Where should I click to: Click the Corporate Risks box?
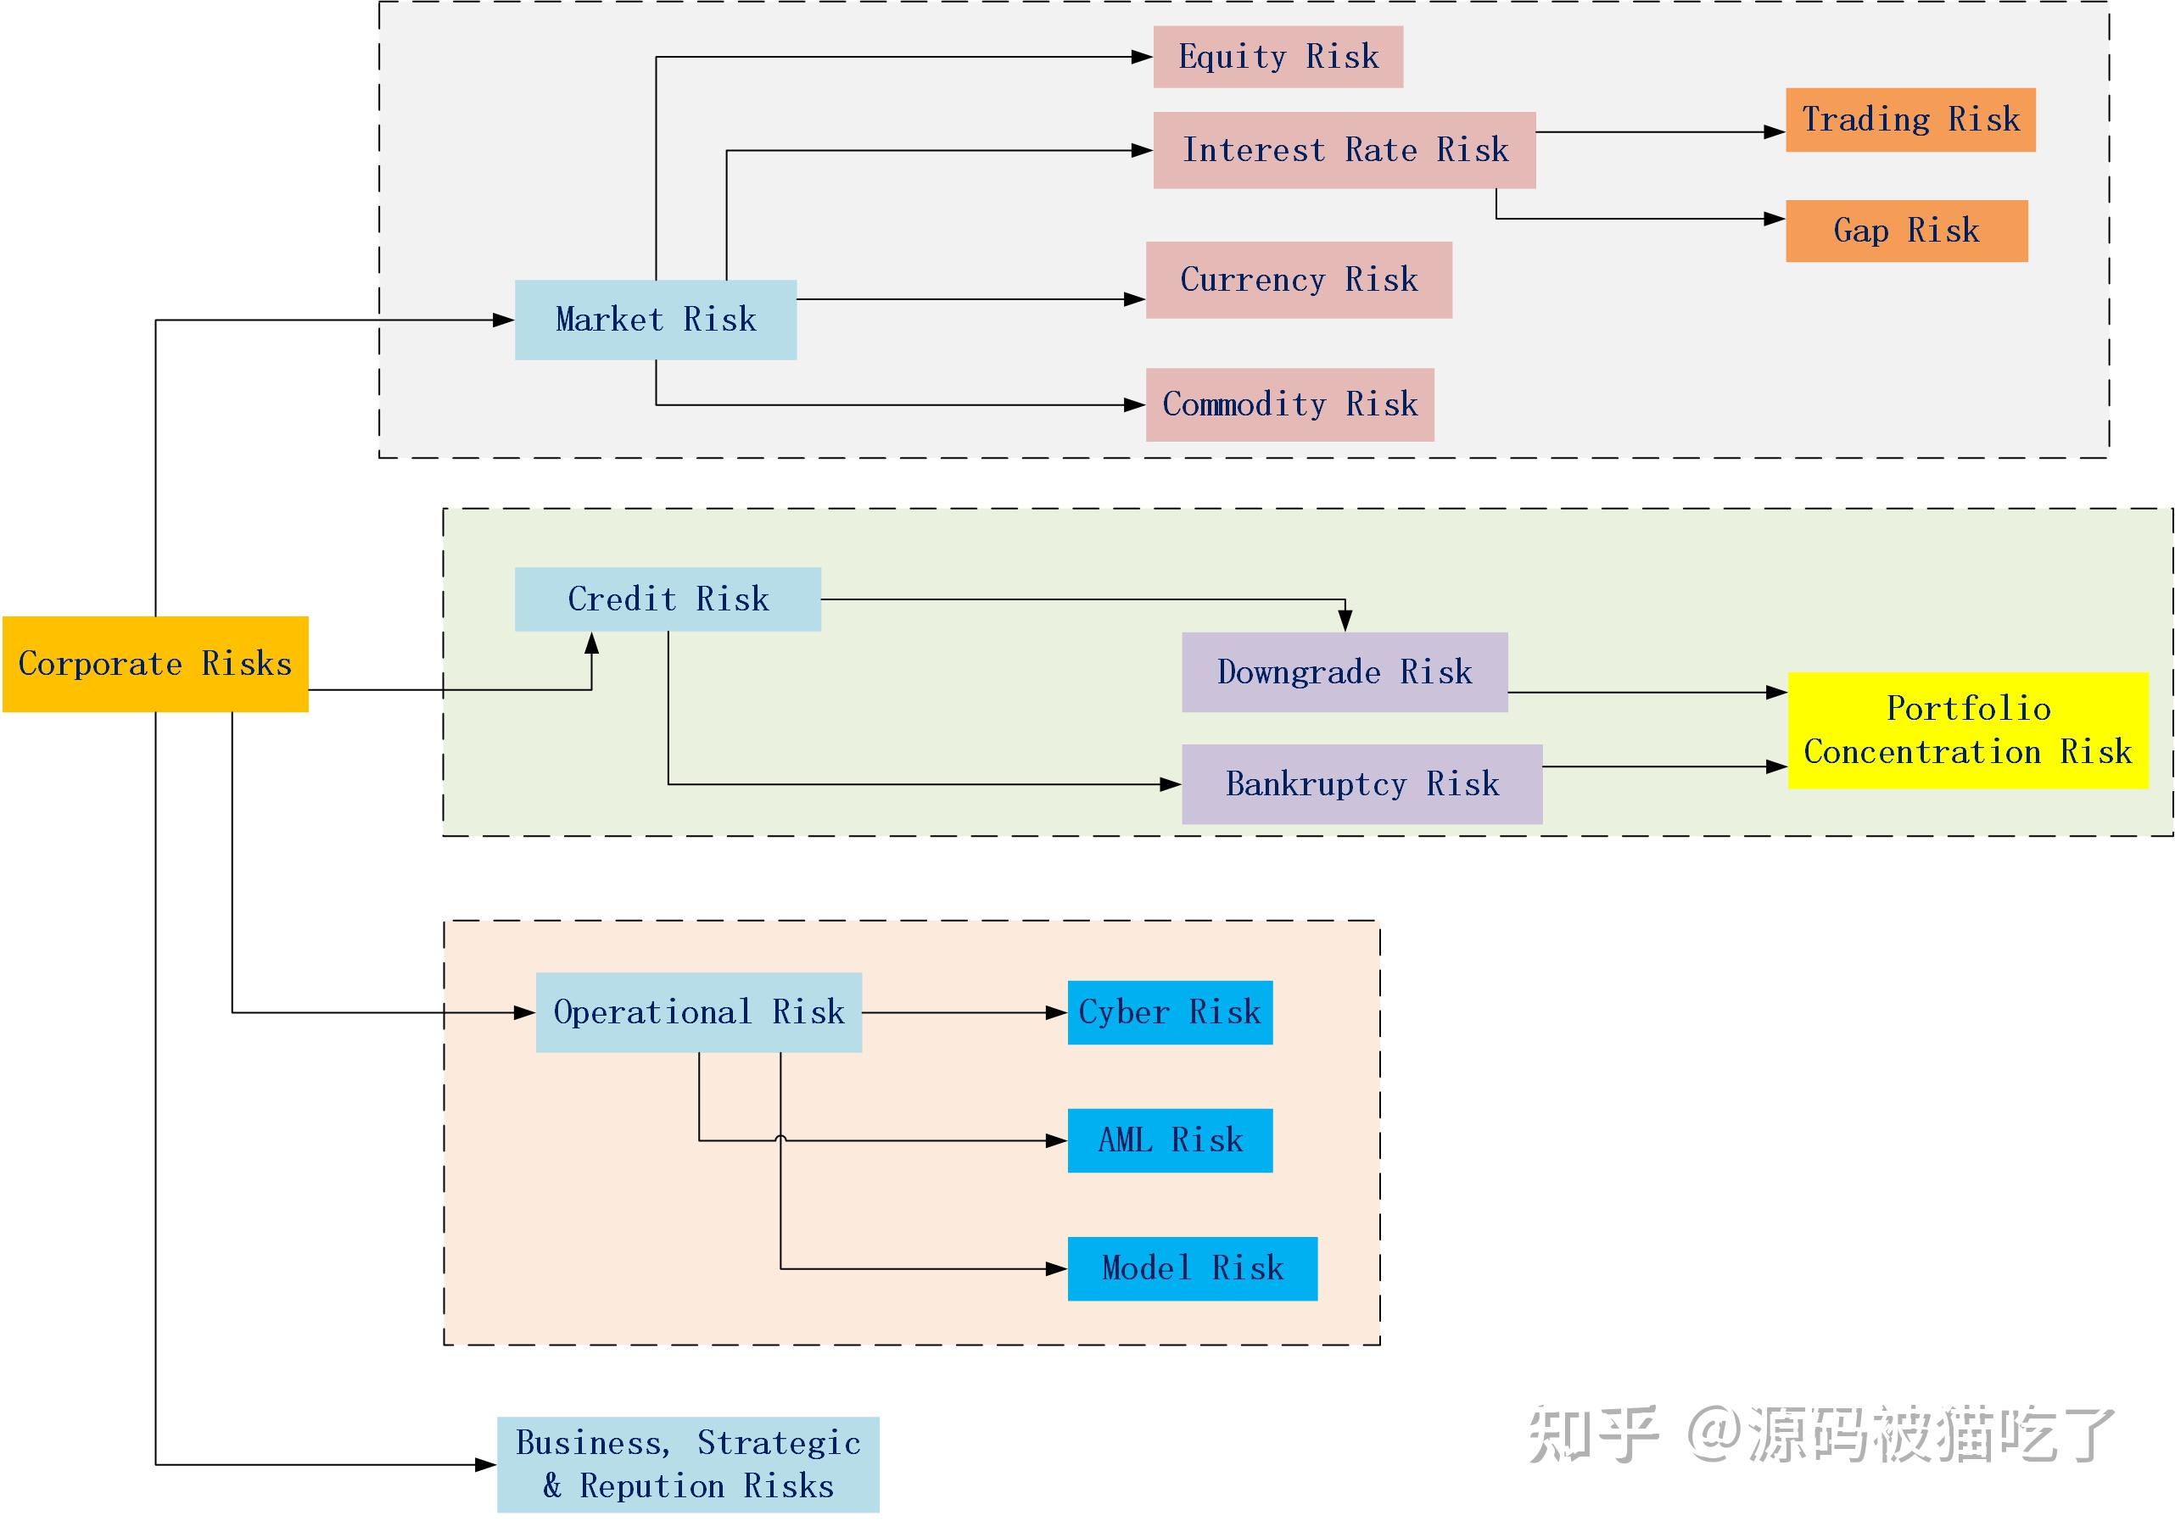155,664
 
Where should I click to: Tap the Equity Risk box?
1278,57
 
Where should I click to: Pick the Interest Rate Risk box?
1345,149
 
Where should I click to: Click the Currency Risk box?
1299,280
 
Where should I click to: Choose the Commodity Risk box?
1289,404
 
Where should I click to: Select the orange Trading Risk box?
1909,120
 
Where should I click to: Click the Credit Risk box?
668,599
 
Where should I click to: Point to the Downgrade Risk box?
1345,671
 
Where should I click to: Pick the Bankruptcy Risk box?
1361,783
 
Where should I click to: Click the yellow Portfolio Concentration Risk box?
1967,729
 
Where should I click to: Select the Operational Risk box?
698,1011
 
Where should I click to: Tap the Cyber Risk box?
1170,1011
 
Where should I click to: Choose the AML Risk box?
1170,1139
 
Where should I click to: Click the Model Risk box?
1192,1267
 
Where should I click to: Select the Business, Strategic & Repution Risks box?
688,1463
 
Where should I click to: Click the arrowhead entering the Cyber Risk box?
1056,1012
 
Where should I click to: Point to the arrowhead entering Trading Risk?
1775,132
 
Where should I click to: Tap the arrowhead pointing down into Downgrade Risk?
1345,621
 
